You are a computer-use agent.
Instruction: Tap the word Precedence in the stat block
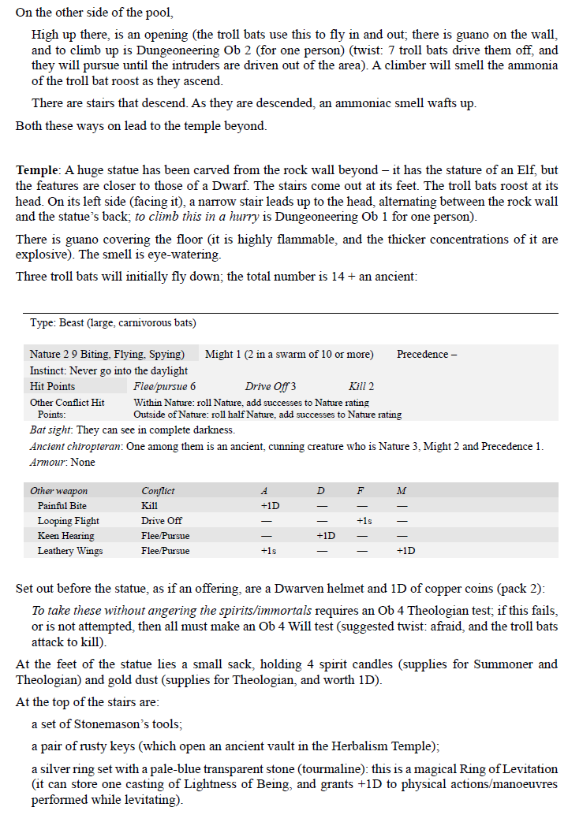pos(422,355)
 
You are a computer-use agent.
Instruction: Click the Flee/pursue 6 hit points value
pos(165,386)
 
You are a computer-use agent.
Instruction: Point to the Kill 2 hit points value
pos(361,386)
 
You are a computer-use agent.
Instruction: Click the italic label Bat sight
pos(49,430)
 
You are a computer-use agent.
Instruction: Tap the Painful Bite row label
pos(62,506)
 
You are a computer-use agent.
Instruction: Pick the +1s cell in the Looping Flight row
pos(364,521)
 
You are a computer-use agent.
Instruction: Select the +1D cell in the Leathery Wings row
pos(405,551)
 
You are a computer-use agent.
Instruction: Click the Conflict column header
pos(158,491)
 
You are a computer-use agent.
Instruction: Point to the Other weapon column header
pos(59,491)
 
